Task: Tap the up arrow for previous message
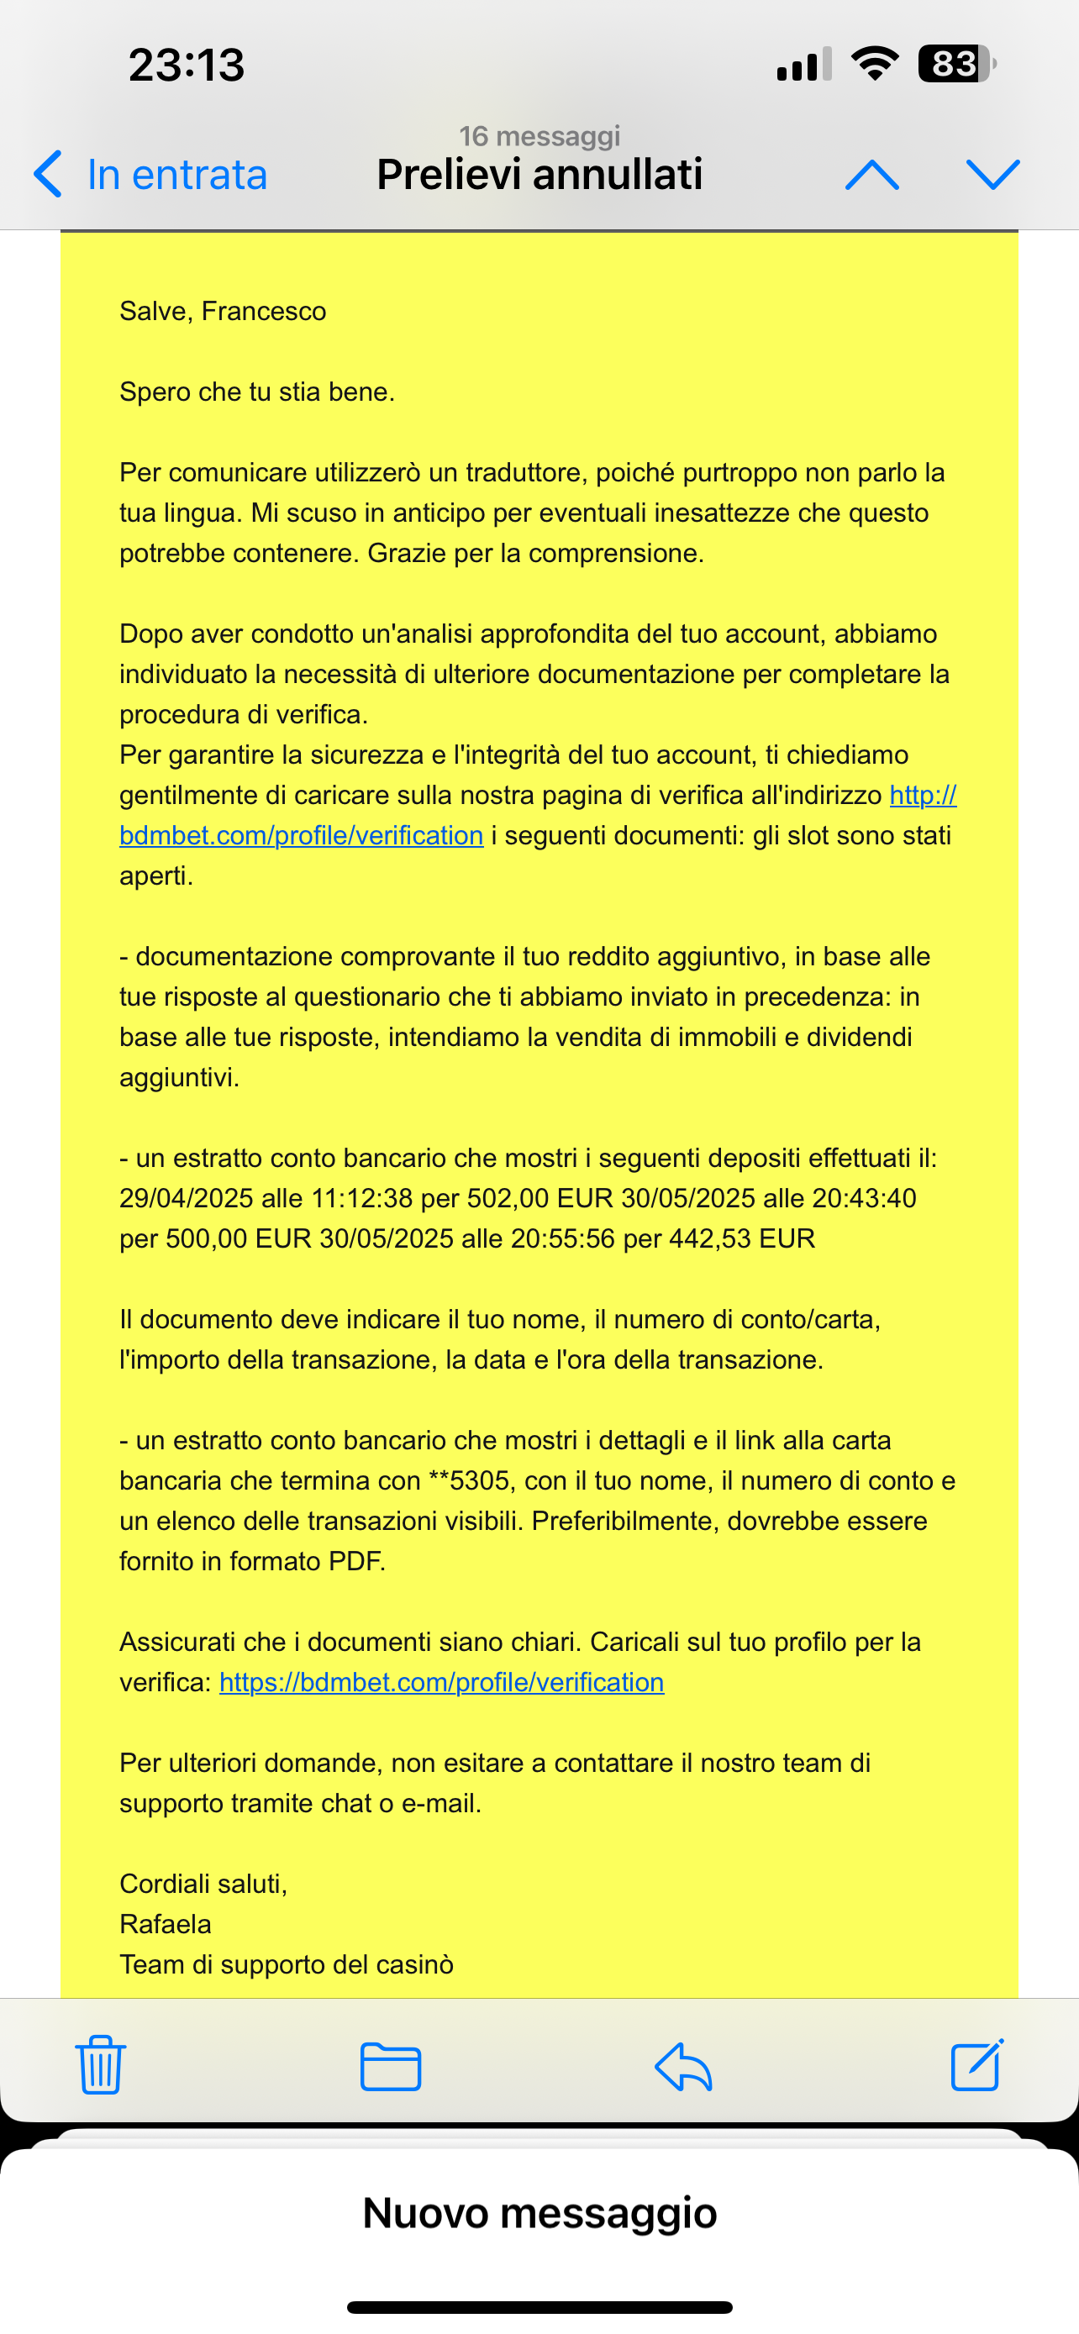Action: click(871, 174)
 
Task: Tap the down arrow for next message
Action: click(993, 174)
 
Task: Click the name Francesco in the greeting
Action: click(264, 312)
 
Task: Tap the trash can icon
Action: click(101, 2065)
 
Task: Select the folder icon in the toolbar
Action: click(391, 2067)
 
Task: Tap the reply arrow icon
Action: click(683, 2067)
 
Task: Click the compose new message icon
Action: click(976, 2065)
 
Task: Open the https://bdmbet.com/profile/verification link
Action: click(441, 1683)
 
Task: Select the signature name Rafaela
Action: click(165, 1923)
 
